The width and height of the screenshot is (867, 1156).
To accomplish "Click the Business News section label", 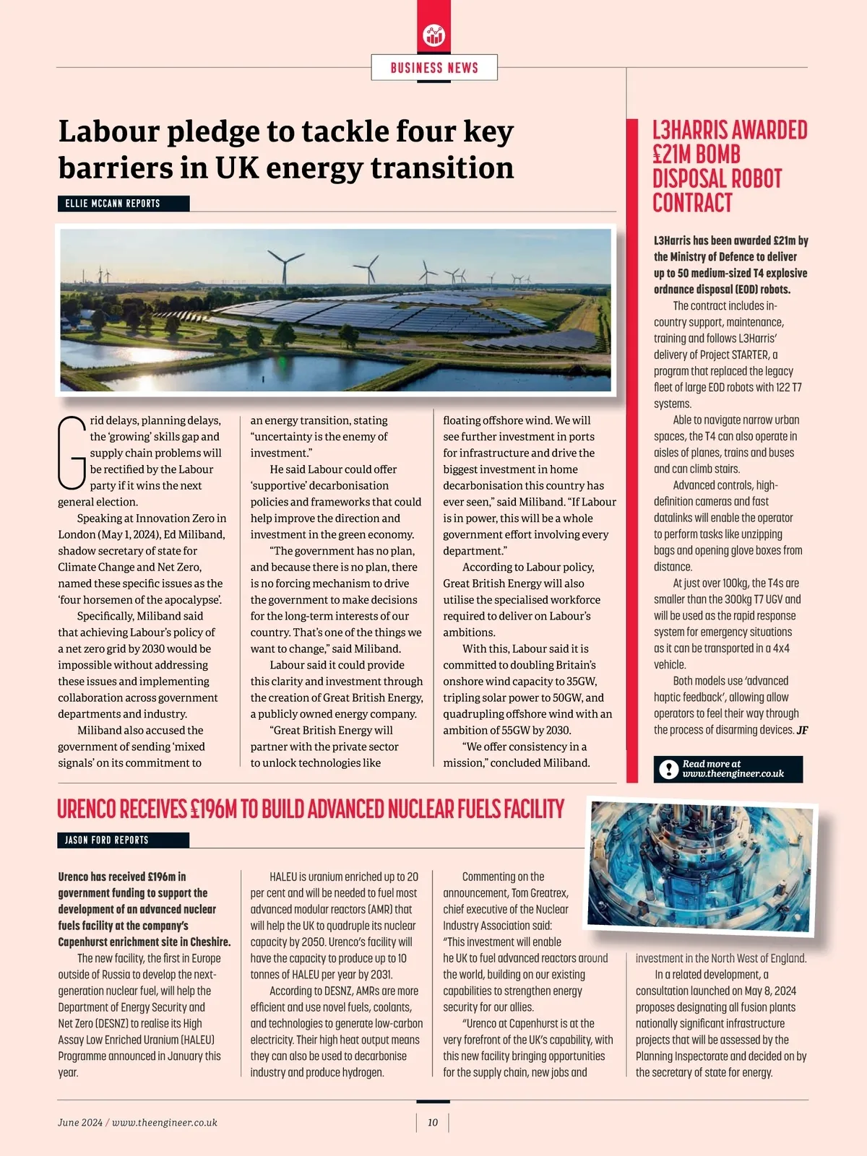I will coord(434,68).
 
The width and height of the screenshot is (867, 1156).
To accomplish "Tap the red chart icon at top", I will coord(434,35).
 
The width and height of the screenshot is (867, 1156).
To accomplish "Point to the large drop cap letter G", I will coord(72,452).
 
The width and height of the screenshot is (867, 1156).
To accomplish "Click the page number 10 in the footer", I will coord(433,1122).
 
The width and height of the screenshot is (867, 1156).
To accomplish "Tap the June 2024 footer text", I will coord(80,1122).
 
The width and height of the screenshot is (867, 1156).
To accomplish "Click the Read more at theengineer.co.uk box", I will coord(728,769).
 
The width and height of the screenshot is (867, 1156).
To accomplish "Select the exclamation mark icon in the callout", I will coord(668,770).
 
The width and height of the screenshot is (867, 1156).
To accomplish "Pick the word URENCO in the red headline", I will coord(86,809).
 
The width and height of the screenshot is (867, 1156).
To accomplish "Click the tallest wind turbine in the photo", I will coord(285,267).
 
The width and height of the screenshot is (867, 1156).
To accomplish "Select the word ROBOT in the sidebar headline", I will coord(755,179).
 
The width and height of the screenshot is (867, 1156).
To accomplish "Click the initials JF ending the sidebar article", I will coord(802,730).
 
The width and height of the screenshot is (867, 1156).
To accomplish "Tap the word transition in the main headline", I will coord(442,168).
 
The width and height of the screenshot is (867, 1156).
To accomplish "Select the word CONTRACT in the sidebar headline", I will coord(692,203).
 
